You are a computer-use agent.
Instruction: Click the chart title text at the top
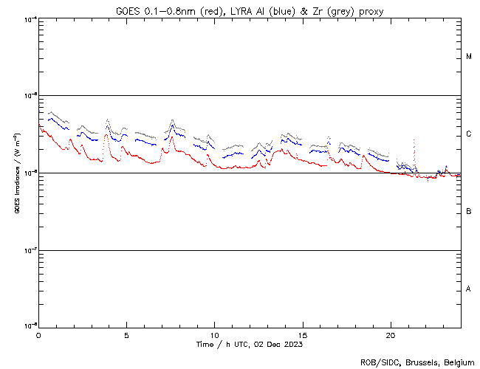tap(250, 10)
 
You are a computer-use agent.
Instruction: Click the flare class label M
tap(469, 57)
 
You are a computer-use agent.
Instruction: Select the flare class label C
tap(469, 134)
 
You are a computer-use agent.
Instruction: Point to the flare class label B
tap(469, 212)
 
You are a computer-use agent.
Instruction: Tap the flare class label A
tap(469, 289)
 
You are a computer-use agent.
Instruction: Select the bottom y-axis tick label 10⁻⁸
tap(29, 325)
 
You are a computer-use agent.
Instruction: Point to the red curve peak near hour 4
tap(106, 135)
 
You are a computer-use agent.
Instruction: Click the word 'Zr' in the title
tap(321, 10)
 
